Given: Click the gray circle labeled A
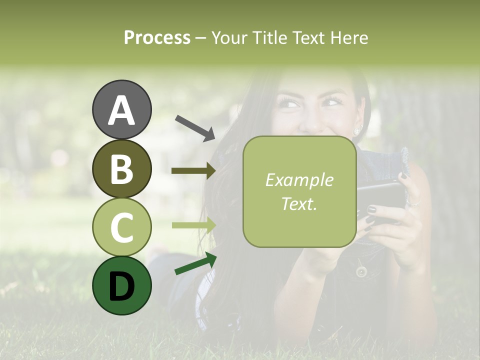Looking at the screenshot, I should coord(121,109).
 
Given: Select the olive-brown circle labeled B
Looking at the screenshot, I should coord(121,168).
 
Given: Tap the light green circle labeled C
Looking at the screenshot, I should coord(121,227).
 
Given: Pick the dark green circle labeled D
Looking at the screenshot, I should coord(121,286).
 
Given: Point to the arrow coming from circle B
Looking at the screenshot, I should coord(193,171).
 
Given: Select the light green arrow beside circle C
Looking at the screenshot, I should coord(193,225).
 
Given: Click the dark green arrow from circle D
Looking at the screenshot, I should coord(195,263).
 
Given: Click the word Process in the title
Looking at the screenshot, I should coord(157,37).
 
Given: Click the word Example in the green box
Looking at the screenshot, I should coord(299,180).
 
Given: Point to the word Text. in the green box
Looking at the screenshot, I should coord(299,203).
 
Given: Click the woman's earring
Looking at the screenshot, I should coord(357,131).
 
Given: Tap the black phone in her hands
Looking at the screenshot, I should coord(380,195).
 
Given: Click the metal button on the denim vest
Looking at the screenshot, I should coord(361,271).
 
